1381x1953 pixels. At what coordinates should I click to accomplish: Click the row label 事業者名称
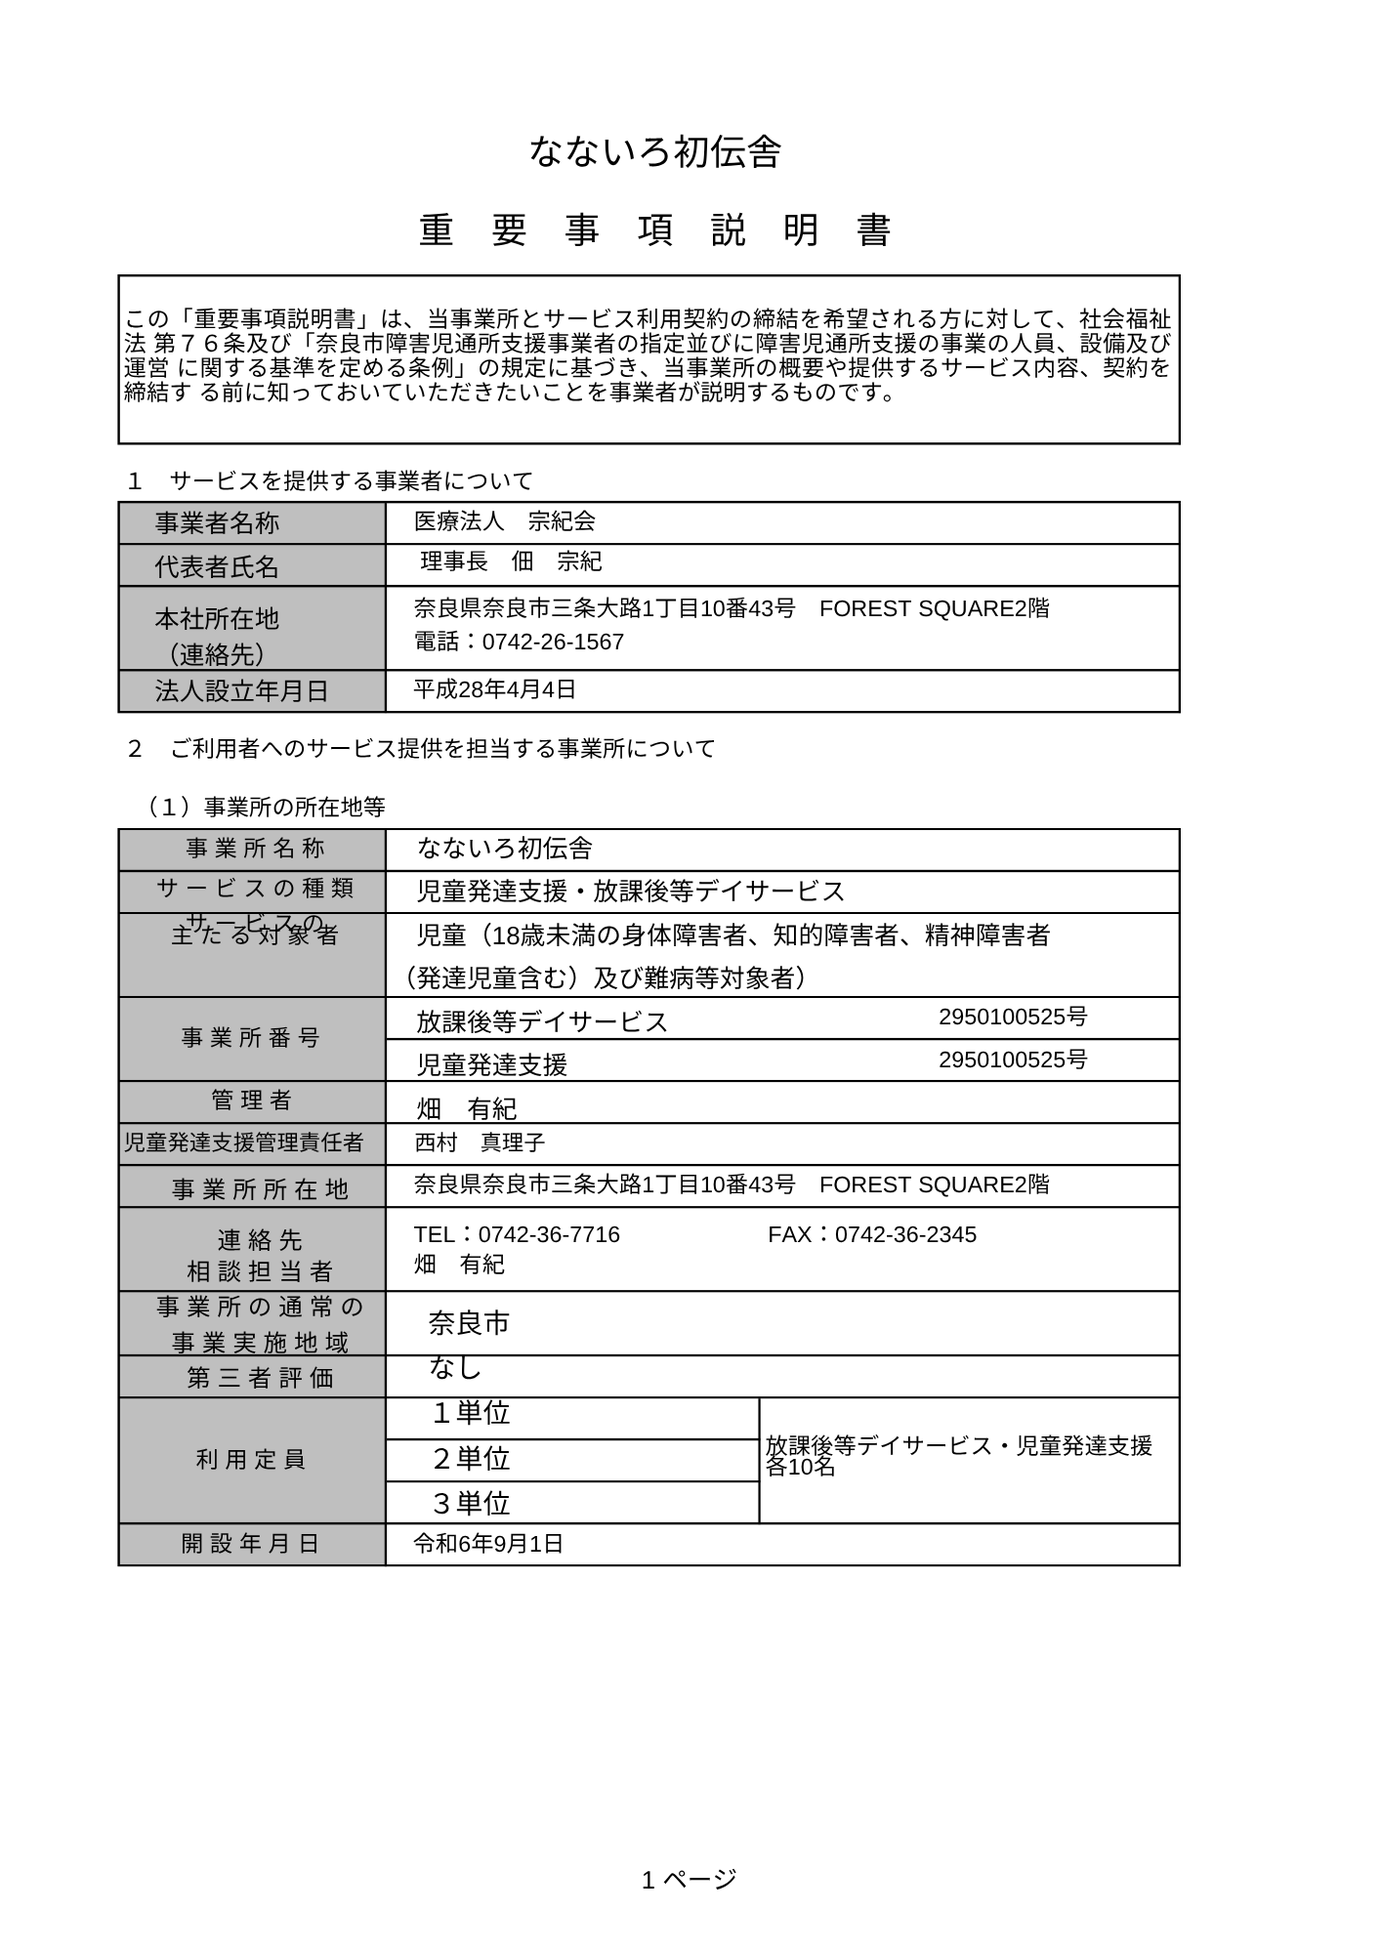217,523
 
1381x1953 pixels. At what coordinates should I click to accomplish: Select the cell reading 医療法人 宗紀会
504,521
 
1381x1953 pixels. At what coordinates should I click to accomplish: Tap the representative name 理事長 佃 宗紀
510,561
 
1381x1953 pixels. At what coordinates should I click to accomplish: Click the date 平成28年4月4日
494,689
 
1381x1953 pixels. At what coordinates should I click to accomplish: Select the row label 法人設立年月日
241,691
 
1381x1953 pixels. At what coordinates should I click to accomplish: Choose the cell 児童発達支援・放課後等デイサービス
630,891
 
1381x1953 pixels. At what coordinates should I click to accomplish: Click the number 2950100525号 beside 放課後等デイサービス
1013,1018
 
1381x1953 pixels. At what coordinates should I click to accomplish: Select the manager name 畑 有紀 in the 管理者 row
467,1108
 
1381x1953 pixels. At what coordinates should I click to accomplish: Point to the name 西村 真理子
480,1143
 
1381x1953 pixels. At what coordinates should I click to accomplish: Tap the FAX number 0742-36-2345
905,1234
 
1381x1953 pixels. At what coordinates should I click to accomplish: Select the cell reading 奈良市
469,1323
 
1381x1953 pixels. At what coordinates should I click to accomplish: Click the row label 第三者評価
260,1378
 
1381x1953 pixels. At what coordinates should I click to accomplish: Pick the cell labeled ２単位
471,1458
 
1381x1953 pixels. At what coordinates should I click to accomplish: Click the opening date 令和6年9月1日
488,1544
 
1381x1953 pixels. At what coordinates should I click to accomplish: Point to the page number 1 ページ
689,1879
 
